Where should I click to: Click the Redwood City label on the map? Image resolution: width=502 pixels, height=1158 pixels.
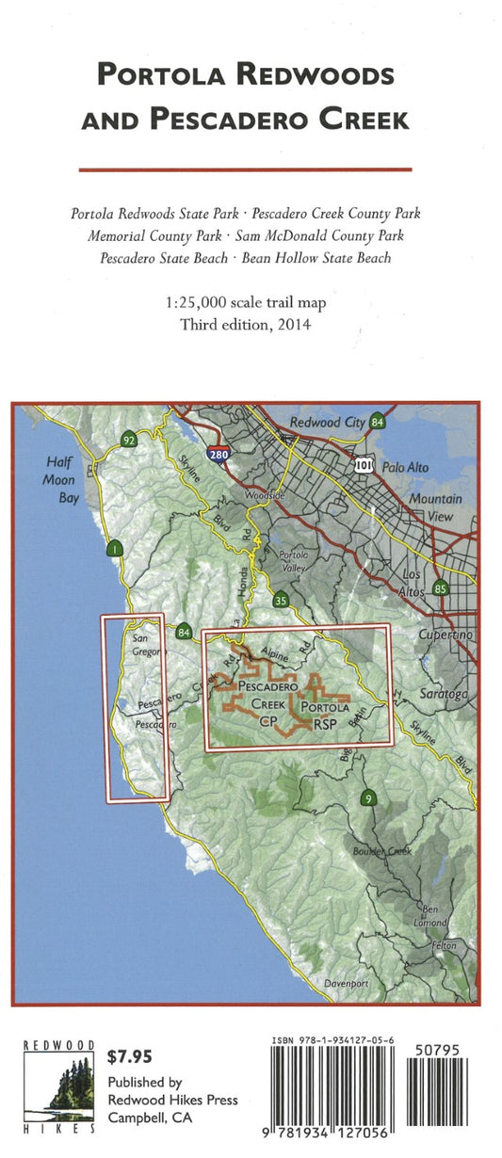coord(327,423)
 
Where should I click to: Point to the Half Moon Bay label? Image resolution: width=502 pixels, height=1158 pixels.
coord(63,480)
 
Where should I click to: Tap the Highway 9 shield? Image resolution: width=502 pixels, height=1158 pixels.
coord(369,798)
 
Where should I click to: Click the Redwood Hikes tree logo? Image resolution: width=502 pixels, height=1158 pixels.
coord(57,1087)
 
